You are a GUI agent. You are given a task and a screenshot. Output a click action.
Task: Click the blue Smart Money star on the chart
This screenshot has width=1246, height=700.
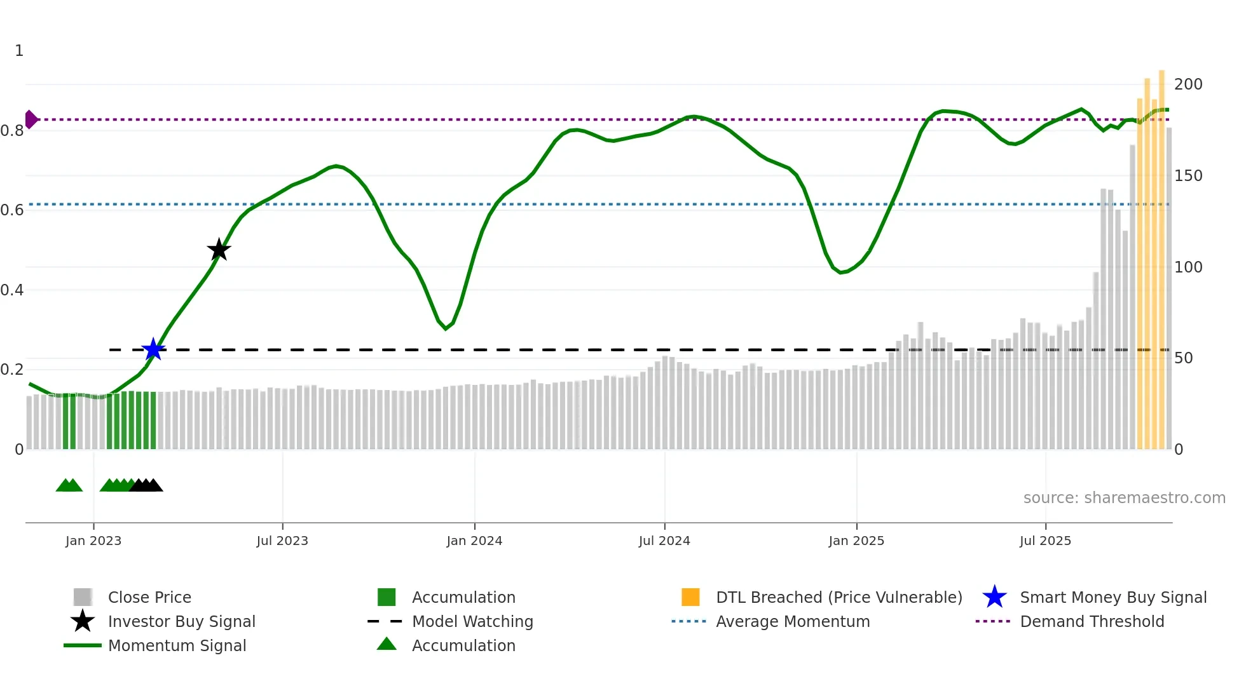tap(153, 349)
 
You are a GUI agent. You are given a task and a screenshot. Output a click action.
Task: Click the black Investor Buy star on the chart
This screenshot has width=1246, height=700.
tap(219, 250)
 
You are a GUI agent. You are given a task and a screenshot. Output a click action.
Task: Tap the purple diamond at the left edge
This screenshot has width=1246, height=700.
tap(31, 119)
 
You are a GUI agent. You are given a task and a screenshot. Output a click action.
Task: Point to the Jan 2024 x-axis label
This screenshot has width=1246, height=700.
tap(474, 541)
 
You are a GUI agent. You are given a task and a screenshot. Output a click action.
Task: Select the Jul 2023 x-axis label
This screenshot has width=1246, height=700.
tap(282, 541)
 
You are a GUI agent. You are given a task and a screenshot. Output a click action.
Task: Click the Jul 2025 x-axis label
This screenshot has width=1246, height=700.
tap(1045, 541)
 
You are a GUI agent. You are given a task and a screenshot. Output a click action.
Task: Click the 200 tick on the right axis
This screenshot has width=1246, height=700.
tap(1188, 84)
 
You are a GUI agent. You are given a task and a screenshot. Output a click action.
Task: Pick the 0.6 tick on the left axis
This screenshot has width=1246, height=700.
tap(12, 210)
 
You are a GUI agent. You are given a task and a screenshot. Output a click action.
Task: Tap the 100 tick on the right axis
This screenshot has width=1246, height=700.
tap(1188, 267)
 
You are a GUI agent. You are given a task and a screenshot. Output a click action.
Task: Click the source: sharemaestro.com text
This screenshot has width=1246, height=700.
tap(1124, 498)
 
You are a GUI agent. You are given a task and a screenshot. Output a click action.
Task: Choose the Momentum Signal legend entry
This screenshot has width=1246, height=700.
tap(177, 646)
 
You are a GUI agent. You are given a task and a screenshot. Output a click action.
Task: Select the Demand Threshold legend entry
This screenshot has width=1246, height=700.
tap(1092, 622)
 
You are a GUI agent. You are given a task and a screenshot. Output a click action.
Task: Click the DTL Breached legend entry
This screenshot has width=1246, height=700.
tap(839, 598)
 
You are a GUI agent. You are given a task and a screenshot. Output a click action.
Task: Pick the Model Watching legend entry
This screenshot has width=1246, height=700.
tap(472, 622)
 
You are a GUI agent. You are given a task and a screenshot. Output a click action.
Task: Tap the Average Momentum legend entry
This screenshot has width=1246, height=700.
tap(792, 622)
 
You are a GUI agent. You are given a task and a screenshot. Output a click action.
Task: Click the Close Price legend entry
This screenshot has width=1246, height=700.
tap(149, 598)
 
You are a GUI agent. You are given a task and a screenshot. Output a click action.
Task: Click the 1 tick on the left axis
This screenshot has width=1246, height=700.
tap(19, 51)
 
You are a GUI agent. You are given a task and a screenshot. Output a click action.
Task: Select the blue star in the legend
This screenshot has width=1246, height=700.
tap(994, 597)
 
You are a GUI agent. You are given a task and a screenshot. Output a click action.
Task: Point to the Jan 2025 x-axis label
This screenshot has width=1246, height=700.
tap(856, 541)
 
